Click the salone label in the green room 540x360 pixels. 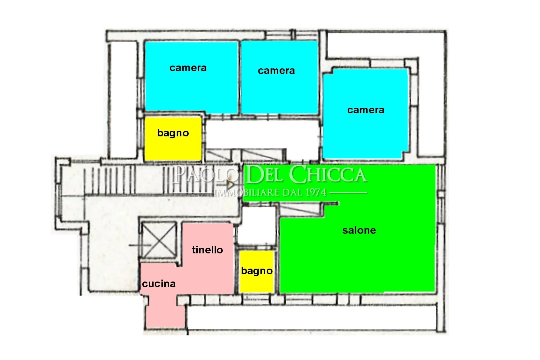[x=359, y=230]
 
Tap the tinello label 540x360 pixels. [x=208, y=250]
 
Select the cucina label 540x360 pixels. [x=159, y=284]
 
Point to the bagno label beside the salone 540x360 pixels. [x=257, y=271]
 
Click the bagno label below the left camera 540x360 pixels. [x=173, y=133]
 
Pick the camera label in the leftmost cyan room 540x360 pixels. [x=188, y=68]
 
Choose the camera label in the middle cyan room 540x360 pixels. [x=276, y=71]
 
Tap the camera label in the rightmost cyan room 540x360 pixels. [x=366, y=110]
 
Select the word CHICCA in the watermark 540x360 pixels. [x=328, y=175]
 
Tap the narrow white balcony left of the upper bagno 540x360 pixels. [x=123, y=100]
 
